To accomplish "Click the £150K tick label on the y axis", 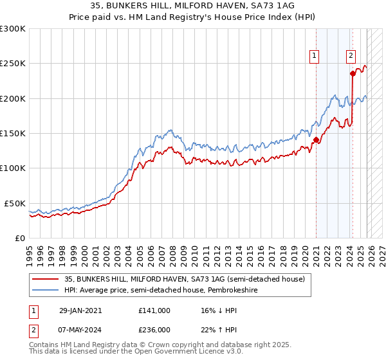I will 13,133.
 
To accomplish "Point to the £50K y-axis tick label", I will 15,203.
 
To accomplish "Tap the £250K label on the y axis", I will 13,64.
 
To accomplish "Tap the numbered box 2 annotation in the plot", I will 351,56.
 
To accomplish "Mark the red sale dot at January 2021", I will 316,139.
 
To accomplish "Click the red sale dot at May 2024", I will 353,73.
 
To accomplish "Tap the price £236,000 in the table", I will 154,328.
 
